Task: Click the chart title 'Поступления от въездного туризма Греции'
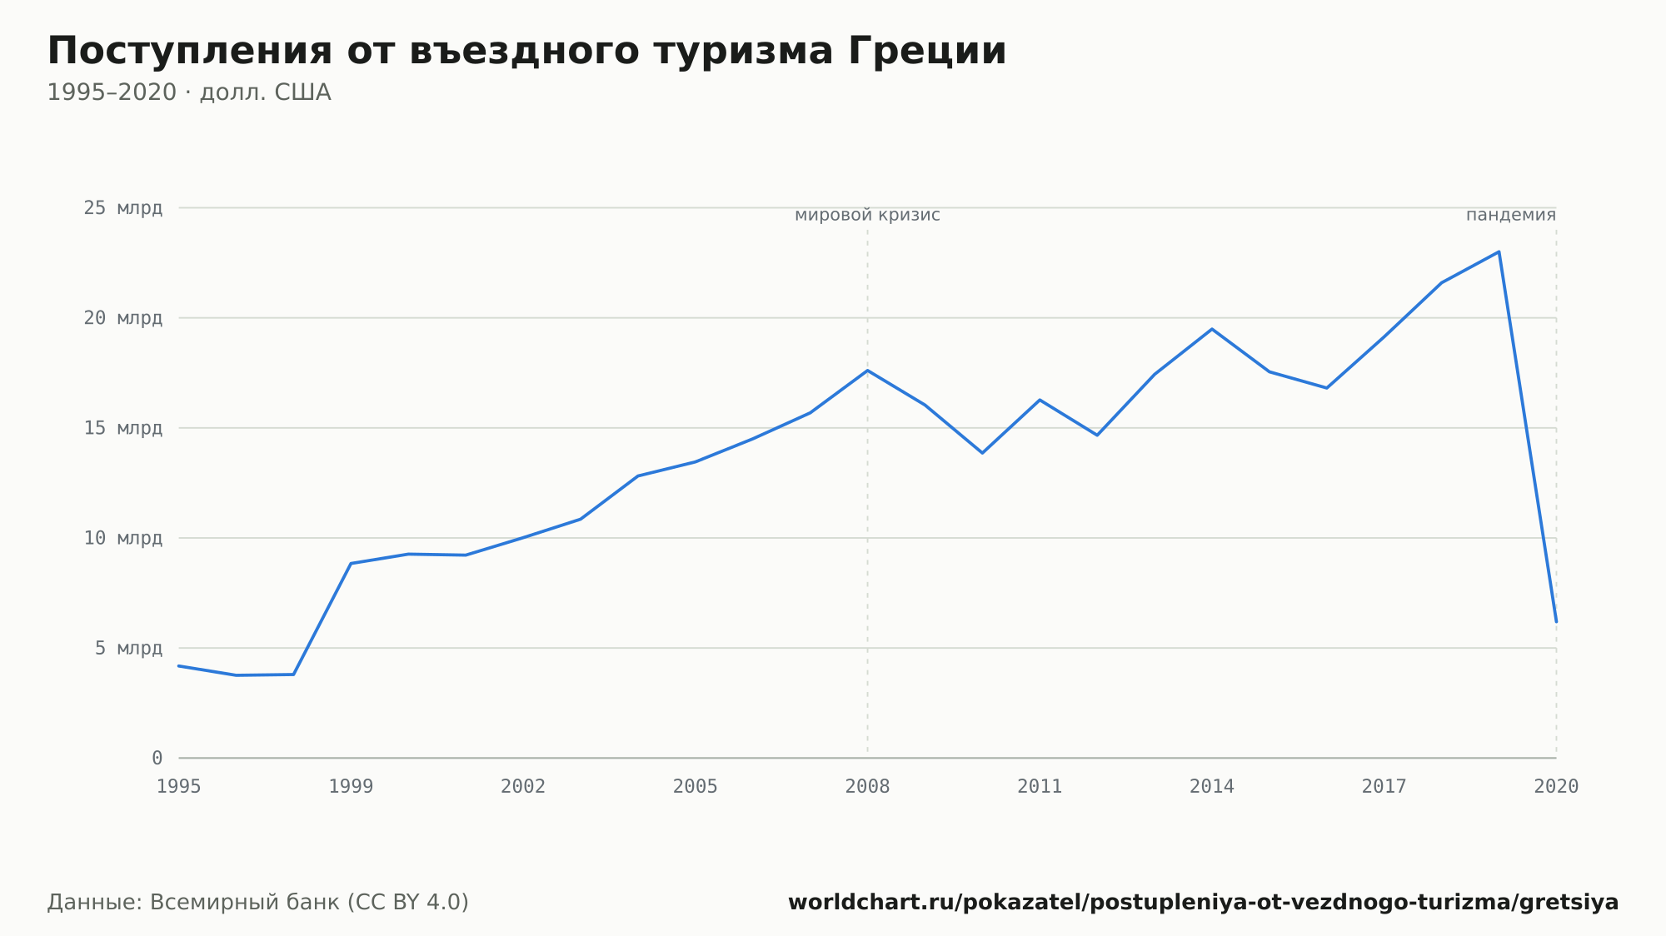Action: tap(526, 52)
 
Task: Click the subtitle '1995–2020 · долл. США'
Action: tap(189, 92)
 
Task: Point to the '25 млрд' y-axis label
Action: tap(123, 208)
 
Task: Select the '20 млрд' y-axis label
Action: tap(123, 318)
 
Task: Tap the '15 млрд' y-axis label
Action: tap(123, 428)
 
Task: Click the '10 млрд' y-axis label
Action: tap(123, 538)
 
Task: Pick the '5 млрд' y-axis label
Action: tap(128, 648)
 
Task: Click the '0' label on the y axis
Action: tap(157, 758)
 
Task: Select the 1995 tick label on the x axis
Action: tap(179, 787)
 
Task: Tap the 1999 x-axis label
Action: tap(351, 787)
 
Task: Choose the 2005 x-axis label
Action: tap(696, 787)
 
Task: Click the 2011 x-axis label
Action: tap(1040, 787)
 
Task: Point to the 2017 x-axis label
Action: tap(1384, 787)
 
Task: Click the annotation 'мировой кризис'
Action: tap(867, 216)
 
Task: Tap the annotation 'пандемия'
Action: tap(1511, 216)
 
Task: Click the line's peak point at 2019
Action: tap(1499, 251)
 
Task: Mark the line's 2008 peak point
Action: tap(867, 371)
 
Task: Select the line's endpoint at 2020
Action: tap(1556, 621)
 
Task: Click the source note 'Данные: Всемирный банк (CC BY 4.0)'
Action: tap(258, 903)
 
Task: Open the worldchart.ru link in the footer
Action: tap(1203, 903)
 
